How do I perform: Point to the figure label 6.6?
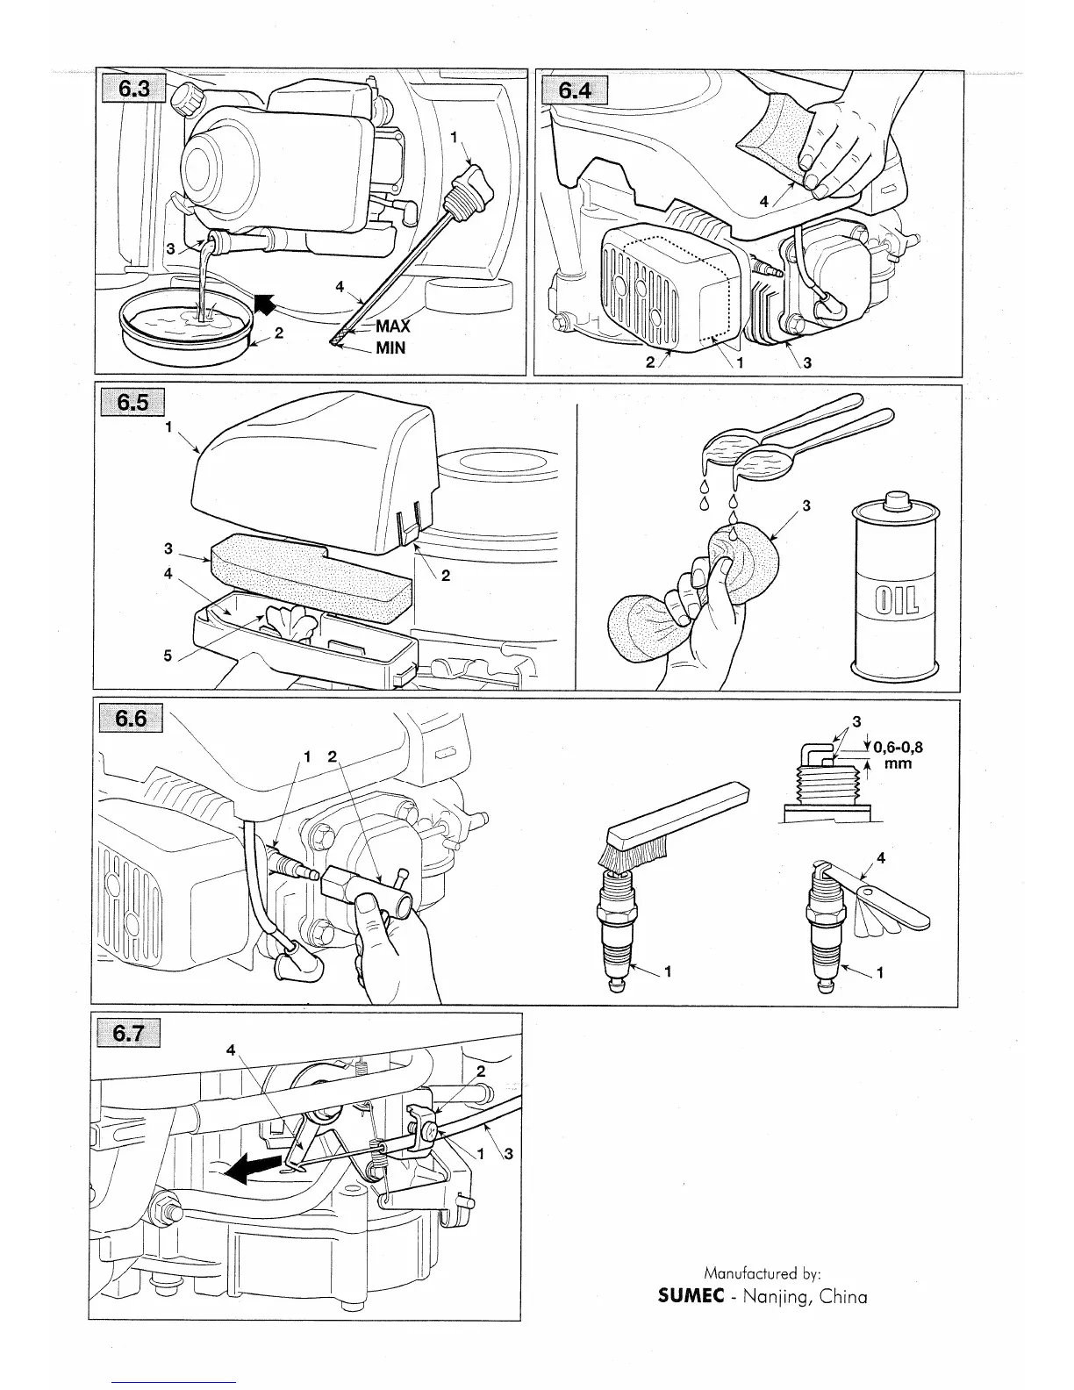coord(130,719)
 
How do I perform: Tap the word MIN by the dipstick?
coord(390,347)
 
